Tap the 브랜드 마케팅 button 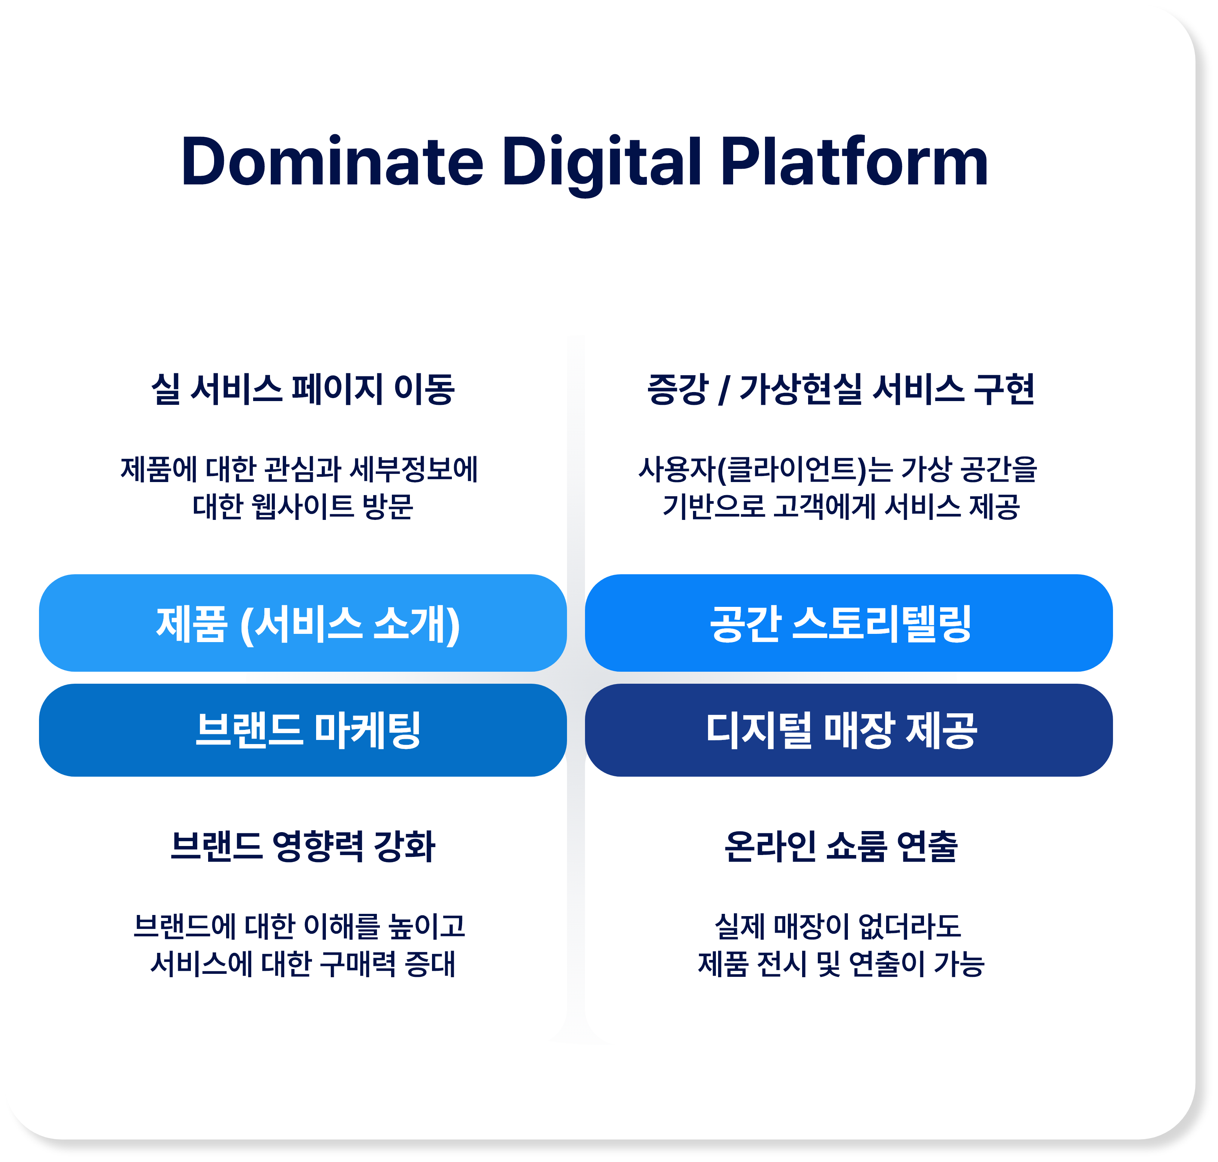tap(303, 730)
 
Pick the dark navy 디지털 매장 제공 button tap(849, 730)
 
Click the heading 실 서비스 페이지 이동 tap(303, 389)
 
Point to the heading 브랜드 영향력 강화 tap(303, 846)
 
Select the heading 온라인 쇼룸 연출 tap(841, 846)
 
